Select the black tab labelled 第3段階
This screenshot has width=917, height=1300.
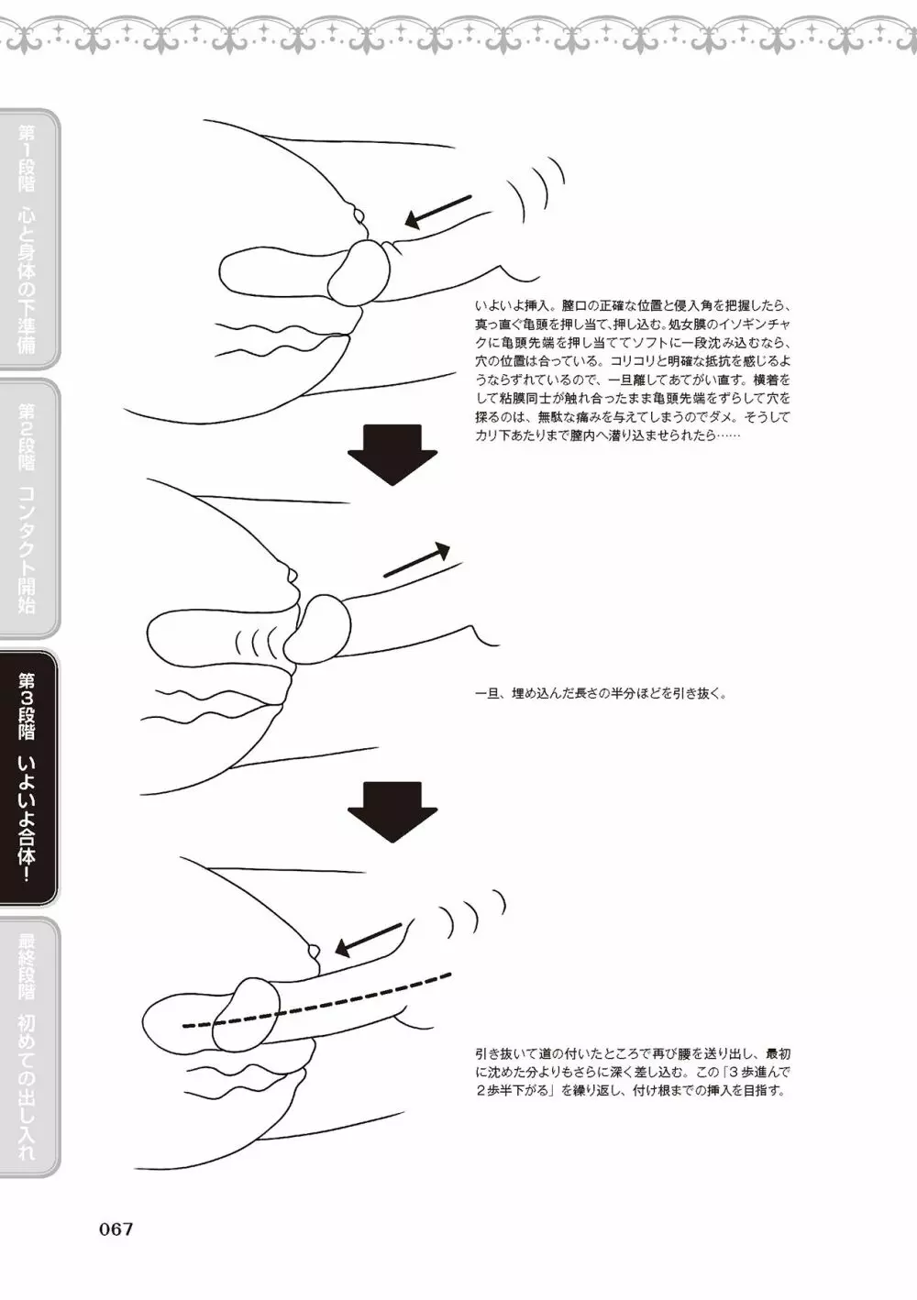click(29, 777)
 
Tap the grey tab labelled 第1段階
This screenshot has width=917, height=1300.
click(29, 239)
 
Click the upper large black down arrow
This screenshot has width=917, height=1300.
click(392, 455)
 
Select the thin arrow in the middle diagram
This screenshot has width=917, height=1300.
click(416, 559)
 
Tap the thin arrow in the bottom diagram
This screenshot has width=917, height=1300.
click(370, 940)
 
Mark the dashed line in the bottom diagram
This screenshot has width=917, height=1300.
click(316, 998)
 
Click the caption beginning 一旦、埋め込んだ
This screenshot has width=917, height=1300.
click(601, 694)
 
